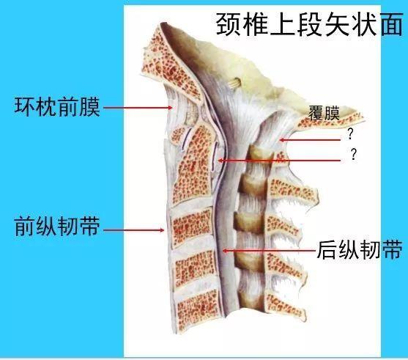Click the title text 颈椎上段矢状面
(x=310, y=25)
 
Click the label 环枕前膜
(x=57, y=107)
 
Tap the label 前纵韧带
(x=57, y=227)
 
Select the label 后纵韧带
(x=360, y=249)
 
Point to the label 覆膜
(x=324, y=113)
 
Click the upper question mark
(x=350, y=134)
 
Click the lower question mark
(x=353, y=154)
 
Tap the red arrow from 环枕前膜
(x=138, y=107)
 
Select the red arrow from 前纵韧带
(x=134, y=230)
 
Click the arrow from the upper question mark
(x=310, y=140)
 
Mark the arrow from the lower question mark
(x=279, y=161)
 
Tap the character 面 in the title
(x=392, y=25)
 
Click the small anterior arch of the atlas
(x=178, y=134)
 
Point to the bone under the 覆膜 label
(x=330, y=120)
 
